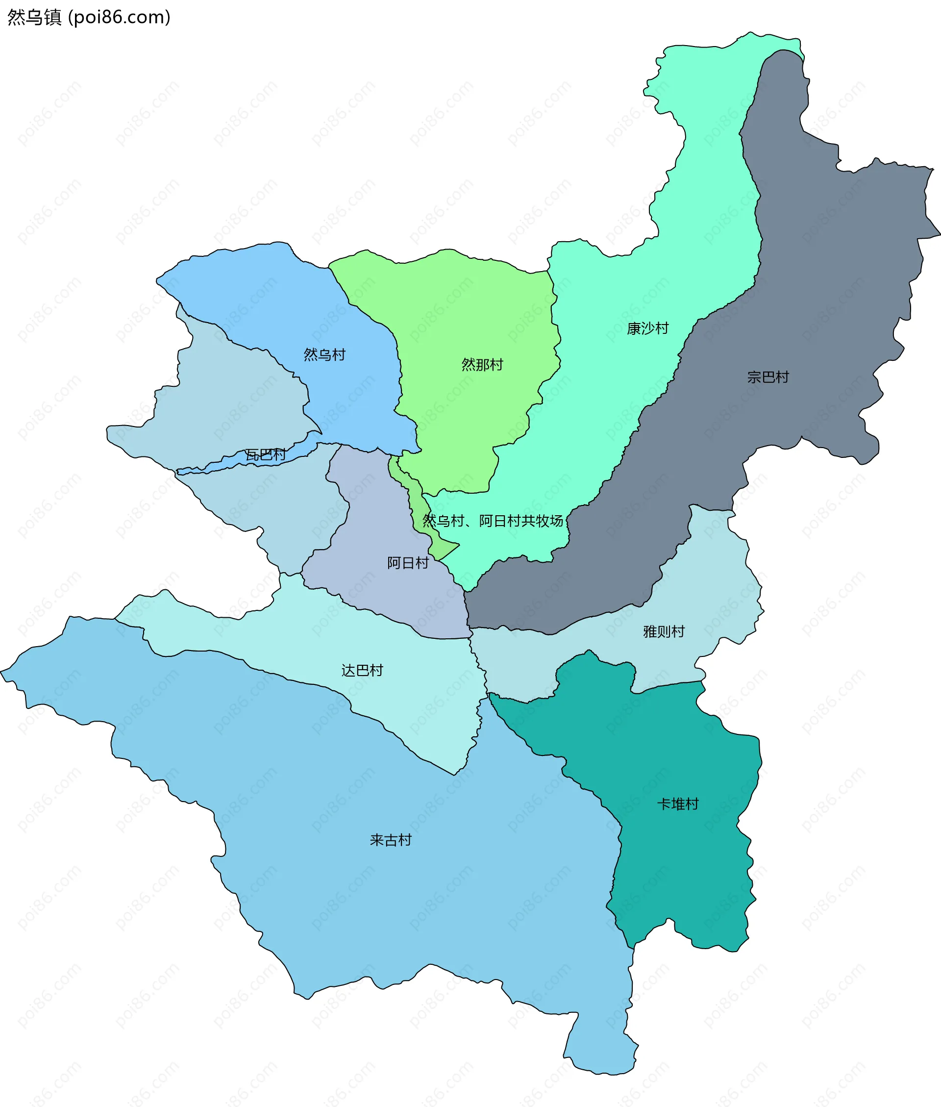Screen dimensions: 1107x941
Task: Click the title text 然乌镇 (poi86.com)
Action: (x=89, y=17)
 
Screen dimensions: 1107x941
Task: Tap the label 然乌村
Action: (x=324, y=355)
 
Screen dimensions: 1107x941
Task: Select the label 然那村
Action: (x=482, y=365)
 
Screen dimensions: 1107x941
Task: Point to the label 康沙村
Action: (x=647, y=328)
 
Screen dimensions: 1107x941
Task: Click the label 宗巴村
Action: (x=768, y=377)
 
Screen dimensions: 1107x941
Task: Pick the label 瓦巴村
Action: (x=266, y=454)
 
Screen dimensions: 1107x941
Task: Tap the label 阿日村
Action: (x=408, y=563)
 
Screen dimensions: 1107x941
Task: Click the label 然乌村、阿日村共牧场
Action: (x=493, y=521)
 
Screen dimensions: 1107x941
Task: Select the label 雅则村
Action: (x=664, y=631)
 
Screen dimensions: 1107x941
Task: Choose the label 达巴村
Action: (x=362, y=671)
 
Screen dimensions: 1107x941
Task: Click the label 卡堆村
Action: (x=677, y=804)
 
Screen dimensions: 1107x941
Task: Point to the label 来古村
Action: (x=391, y=840)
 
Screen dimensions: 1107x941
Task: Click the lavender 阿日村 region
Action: (x=373, y=533)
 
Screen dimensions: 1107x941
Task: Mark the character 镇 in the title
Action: (x=53, y=17)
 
